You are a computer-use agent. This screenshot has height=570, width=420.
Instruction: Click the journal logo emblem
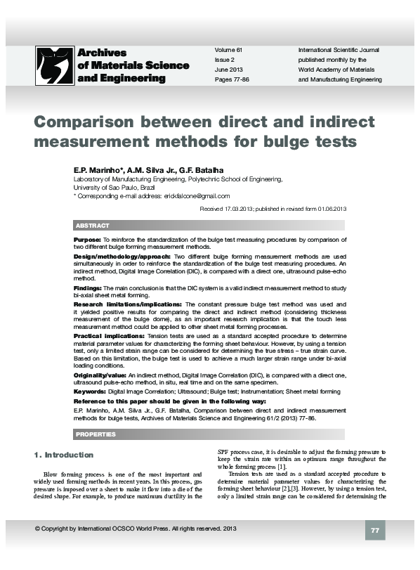click(x=53, y=65)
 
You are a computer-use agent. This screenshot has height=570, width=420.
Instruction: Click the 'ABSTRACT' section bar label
click(x=93, y=226)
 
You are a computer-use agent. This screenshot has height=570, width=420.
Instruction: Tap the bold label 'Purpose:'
click(x=87, y=240)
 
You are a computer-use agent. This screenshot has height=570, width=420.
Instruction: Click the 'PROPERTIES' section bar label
click(x=96, y=434)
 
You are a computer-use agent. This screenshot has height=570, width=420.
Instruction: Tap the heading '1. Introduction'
click(x=64, y=455)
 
